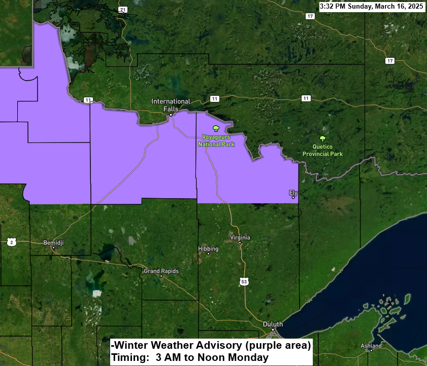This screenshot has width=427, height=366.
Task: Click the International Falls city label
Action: click(171, 105)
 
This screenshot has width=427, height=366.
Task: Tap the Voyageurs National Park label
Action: click(216, 140)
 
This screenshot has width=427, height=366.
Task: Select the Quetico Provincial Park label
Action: click(322, 151)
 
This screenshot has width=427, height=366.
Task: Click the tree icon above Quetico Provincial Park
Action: click(322, 138)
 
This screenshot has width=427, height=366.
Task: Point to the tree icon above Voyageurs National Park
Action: click(216, 128)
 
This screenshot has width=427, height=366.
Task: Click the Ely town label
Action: click(292, 193)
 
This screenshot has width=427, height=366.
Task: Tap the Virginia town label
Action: click(240, 237)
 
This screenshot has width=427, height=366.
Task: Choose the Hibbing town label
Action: click(208, 249)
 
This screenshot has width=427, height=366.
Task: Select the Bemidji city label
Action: click(53, 242)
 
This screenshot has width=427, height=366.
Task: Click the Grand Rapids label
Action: click(161, 271)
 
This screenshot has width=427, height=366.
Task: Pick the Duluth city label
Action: click(273, 324)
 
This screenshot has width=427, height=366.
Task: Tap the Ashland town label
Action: click(371, 346)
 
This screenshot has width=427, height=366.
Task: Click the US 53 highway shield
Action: click(244, 281)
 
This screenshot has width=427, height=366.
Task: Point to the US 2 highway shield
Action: click(12, 242)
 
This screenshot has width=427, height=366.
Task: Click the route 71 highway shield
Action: click(122, 10)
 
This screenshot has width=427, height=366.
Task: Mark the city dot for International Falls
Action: click(171, 115)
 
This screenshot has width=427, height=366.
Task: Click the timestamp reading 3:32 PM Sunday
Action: click(372, 7)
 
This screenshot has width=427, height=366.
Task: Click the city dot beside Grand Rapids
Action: click(161, 276)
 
